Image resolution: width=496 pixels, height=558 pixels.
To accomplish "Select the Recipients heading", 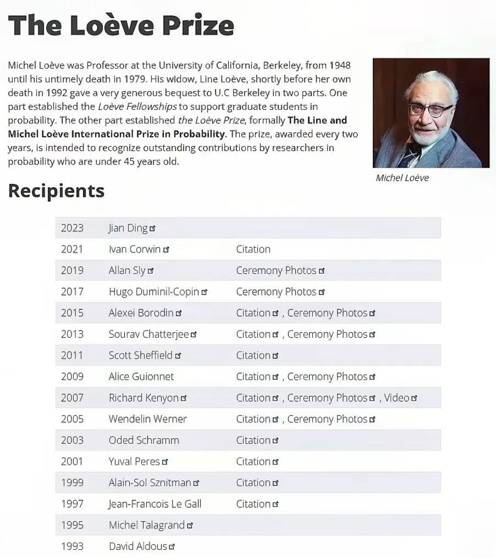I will pos(56,191).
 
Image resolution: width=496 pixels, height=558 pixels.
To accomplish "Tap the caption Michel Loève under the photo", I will pos(402,178).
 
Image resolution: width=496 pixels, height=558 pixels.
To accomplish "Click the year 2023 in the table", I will pos(72,228).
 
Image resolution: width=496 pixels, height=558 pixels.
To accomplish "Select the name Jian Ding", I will pos(128,228).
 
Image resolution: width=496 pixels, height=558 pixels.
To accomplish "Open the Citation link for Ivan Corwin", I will pos(253,249).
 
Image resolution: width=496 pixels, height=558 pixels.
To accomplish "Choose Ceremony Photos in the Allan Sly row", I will pos(276,271).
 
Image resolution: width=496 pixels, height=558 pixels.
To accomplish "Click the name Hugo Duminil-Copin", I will pos(154,292).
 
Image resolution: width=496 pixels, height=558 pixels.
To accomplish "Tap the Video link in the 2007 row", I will pos(397,398).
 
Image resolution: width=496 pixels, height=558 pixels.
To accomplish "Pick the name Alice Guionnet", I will pos(141,377).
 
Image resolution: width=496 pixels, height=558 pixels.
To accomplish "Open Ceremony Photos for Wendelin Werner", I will pos(327,419).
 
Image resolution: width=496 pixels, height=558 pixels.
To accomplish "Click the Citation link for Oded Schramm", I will pos(253,440).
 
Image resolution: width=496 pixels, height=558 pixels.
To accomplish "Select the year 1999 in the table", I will pos(72,483).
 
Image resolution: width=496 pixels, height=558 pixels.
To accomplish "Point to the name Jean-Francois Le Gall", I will pos(155,504).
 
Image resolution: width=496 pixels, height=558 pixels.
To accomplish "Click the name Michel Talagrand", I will pos(147,525).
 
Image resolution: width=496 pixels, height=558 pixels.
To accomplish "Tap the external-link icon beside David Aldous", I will pos(172,547).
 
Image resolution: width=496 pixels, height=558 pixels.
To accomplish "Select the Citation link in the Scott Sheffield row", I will pos(253,355).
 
